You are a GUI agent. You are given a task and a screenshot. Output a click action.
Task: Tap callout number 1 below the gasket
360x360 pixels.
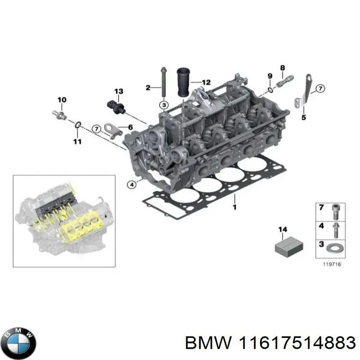(234, 207)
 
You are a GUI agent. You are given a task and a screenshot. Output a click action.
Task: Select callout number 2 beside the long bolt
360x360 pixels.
(148, 87)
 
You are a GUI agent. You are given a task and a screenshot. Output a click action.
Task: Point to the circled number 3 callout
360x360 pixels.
(163, 105)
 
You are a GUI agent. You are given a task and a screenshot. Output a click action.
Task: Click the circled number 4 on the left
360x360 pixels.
(131, 184)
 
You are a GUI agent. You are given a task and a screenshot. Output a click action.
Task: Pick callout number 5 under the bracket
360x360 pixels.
(303, 118)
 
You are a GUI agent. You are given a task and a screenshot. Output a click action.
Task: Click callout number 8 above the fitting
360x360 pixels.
(282, 68)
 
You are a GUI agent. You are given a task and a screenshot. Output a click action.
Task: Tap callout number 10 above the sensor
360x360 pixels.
(62, 99)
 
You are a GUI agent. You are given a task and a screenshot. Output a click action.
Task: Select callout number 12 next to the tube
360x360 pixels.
(206, 82)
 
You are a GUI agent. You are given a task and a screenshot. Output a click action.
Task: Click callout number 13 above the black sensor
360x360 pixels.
(118, 92)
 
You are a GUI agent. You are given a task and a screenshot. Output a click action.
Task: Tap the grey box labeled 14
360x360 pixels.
(288, 246)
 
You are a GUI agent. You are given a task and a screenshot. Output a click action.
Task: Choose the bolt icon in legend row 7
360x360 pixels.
(336, 210)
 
